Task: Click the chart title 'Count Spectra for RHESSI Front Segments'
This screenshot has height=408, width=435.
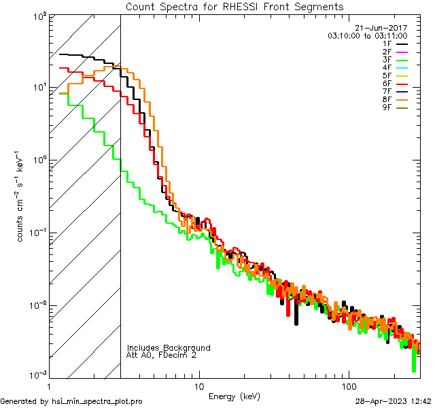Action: (x=234, y=6)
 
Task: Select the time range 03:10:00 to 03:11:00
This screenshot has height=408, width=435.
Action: (x=367, y=35)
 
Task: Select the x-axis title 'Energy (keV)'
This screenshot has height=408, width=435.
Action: (x=234, y=396)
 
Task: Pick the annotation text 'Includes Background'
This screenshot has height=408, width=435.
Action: (x=169, y=347)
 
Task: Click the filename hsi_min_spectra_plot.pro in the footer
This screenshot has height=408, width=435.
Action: (x=97, y=401)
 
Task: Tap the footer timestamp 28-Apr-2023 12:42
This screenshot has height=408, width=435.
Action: (x=393, y=401)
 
